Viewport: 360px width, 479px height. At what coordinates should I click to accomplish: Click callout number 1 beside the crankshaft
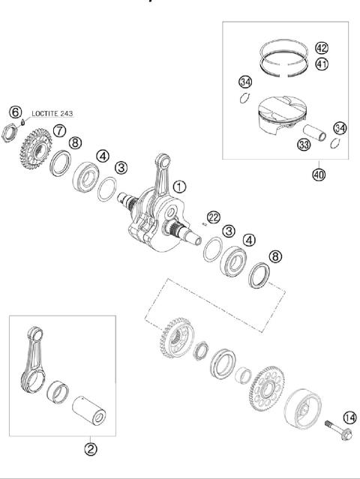(x=178, y=185)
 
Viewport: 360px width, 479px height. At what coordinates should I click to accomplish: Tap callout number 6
(x=15, y=112)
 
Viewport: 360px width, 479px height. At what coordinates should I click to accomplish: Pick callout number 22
(x=214, y=217)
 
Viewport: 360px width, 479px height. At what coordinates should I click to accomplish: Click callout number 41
(x=322, y=64)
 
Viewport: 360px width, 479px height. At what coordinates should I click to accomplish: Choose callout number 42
(x=322, y=46)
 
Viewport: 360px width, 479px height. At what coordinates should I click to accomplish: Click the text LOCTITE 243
(x=52, y=115)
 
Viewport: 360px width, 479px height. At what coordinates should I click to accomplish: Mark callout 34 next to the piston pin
(x=340, y=129)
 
